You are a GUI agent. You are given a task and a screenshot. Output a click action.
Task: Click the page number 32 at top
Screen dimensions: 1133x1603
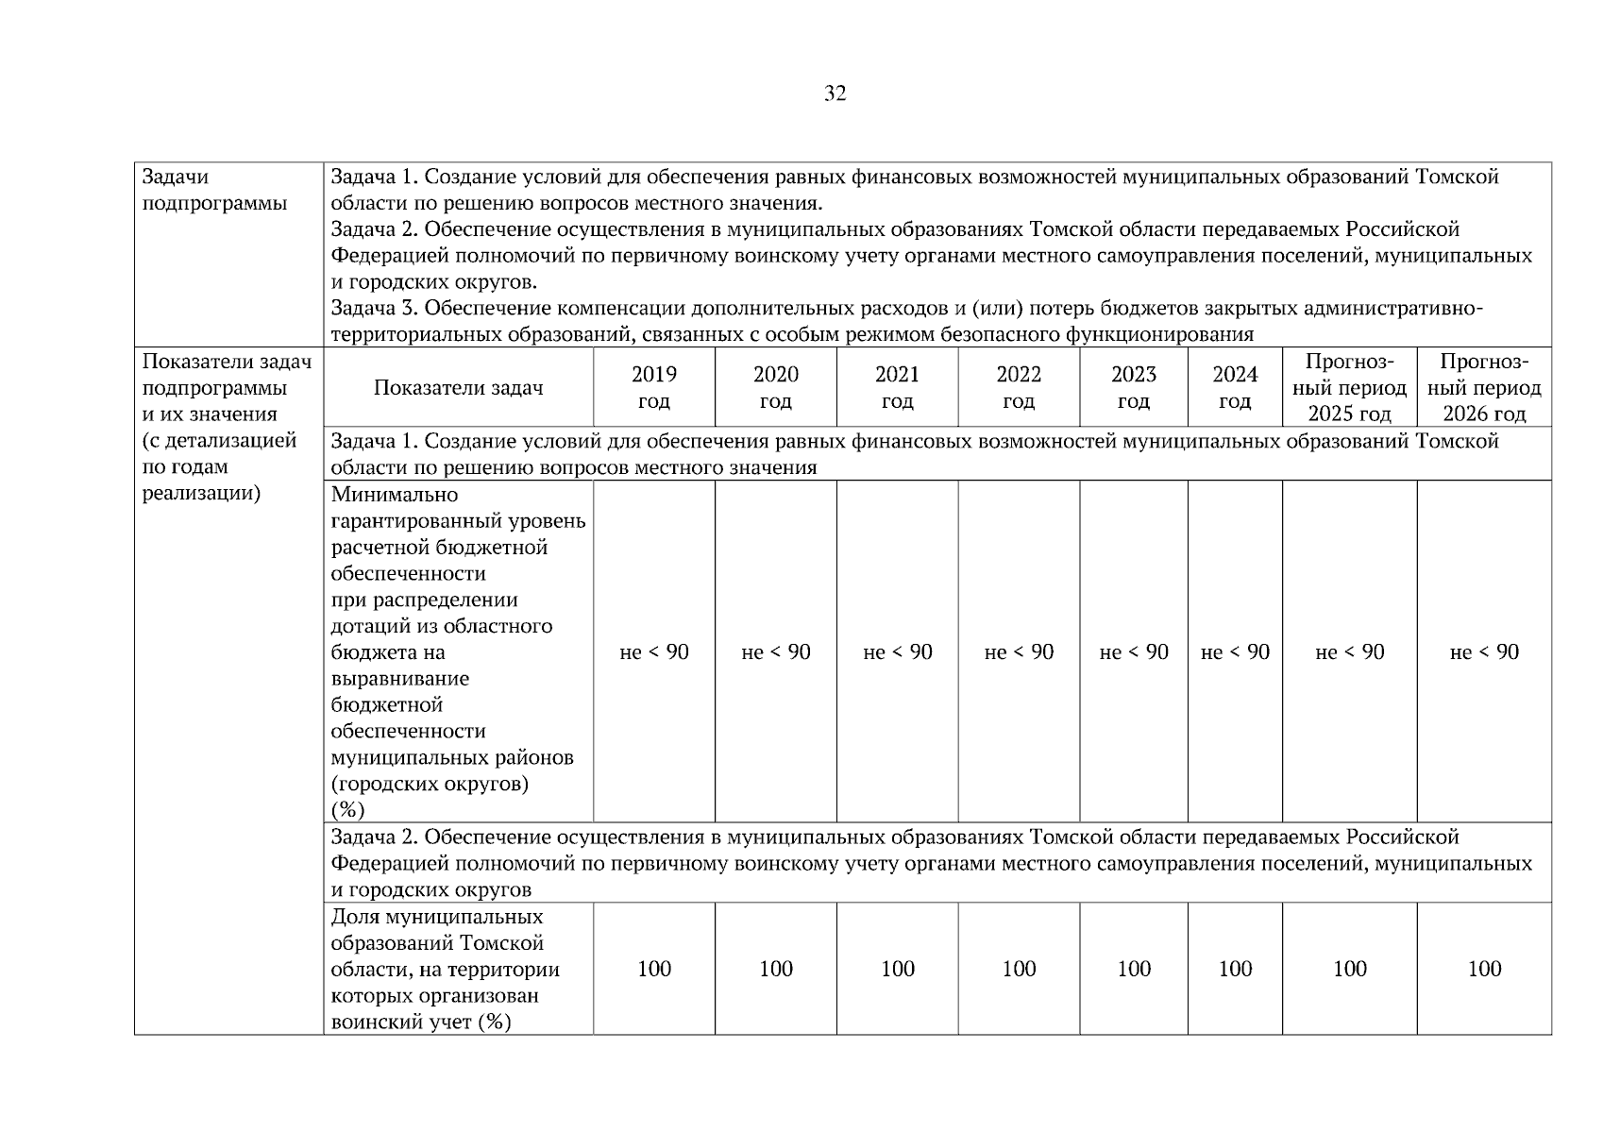click(835, 93)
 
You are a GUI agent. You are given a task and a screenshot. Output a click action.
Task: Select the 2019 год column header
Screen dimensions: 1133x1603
click(654, 388)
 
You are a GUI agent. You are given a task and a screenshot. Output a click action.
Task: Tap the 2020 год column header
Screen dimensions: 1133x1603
click(776, 388)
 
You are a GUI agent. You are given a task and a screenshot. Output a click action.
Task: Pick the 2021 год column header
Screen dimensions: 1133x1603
click(897, 388)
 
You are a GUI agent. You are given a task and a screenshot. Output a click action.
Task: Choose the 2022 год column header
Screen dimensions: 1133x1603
click(1019, 388)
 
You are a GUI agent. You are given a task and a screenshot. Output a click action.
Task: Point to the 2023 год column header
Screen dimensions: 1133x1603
click(1134, 388)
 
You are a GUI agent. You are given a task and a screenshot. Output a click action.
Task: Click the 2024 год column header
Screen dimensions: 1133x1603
click(1235, 388)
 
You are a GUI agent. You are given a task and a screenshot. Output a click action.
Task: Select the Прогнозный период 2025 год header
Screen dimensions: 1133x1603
click(1349, 388)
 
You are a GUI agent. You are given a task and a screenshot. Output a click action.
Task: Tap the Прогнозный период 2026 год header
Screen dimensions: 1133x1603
click(1484, 388)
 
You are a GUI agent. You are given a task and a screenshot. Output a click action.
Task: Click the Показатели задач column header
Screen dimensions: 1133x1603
click(458, 388)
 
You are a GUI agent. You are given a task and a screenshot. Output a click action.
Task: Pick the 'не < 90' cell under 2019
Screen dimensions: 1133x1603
click(654, 652)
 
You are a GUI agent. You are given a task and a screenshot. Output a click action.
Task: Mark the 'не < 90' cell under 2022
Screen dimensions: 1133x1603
click(1019, 652)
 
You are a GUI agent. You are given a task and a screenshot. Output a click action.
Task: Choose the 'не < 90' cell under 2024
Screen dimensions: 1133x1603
click(1235, 652)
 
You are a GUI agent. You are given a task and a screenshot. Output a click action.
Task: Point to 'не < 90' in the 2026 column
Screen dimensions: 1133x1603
click(1484, 652)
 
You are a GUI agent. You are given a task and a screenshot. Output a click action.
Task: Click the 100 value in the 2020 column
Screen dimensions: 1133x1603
click(776, 969)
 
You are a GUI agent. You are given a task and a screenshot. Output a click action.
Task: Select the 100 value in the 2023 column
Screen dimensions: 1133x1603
click(1134, 969)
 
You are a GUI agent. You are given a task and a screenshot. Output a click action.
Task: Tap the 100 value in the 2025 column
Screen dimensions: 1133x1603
click(1349, 969)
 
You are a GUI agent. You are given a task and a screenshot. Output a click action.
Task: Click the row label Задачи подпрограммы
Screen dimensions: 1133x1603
click(214, 190)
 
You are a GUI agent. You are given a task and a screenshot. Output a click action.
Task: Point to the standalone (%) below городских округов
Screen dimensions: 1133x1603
click(348, 810)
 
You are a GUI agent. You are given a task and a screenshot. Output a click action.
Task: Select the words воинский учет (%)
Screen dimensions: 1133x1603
click(421, 1022)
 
